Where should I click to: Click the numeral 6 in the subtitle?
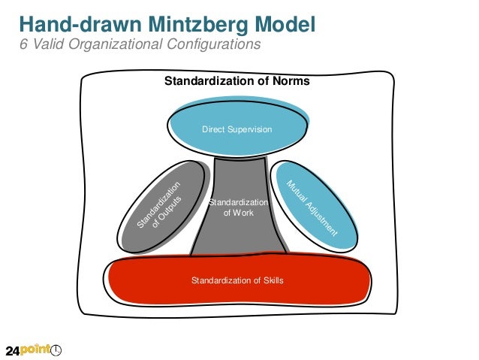pyautogui.click(x=22, y=45)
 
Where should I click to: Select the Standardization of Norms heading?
pyautogui.click(x=236, y=81)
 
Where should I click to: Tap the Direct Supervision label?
pyautogui.click(x=236, y=130)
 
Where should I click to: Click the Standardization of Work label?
pyautogui.click(x=238, y=208)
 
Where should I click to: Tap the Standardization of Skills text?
pyautogui.click(x=237, y=281)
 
